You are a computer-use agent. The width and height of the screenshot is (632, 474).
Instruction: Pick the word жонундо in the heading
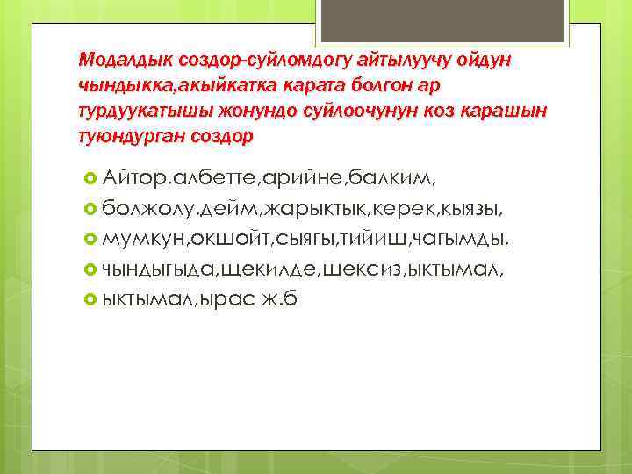[x=249, y=111]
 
